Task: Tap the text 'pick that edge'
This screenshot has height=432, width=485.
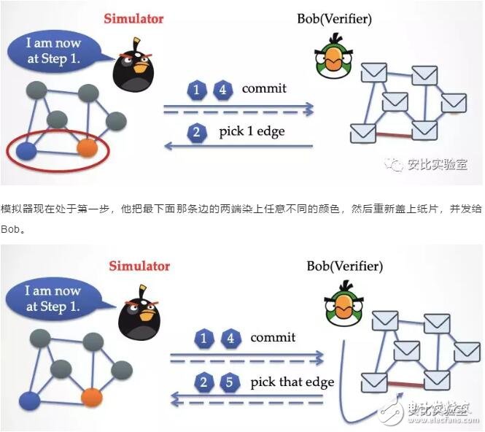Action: (x=292, y=382)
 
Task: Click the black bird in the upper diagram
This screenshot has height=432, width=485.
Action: (x=129, y=66)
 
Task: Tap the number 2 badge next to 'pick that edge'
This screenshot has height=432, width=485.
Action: (x=204, y=383)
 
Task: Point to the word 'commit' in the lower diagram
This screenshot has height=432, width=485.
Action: (x=273, y=337)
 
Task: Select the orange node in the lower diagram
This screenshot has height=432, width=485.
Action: (x=91, y=398)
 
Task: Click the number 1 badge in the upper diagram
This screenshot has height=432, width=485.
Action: (x=196, y=90)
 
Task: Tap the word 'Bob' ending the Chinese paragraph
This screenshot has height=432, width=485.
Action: (x=10, y=228)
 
